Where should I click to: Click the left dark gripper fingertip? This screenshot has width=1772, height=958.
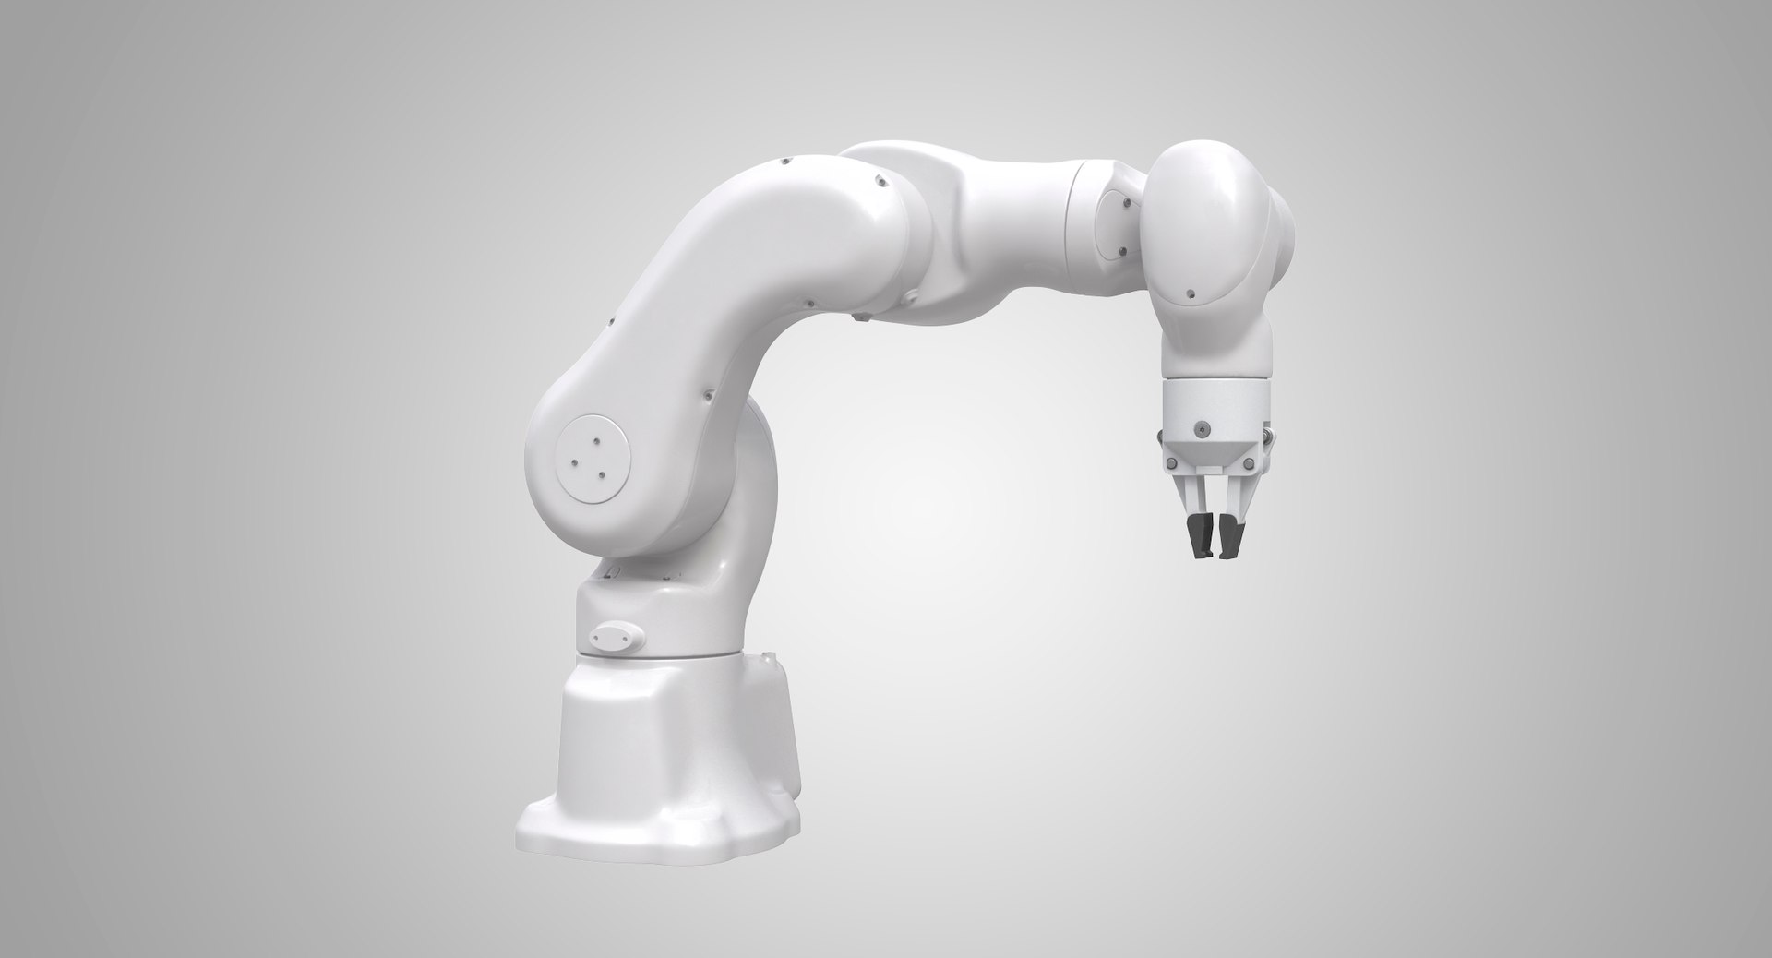(1198, 543)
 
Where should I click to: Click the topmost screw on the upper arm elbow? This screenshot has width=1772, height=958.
(784, 162)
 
